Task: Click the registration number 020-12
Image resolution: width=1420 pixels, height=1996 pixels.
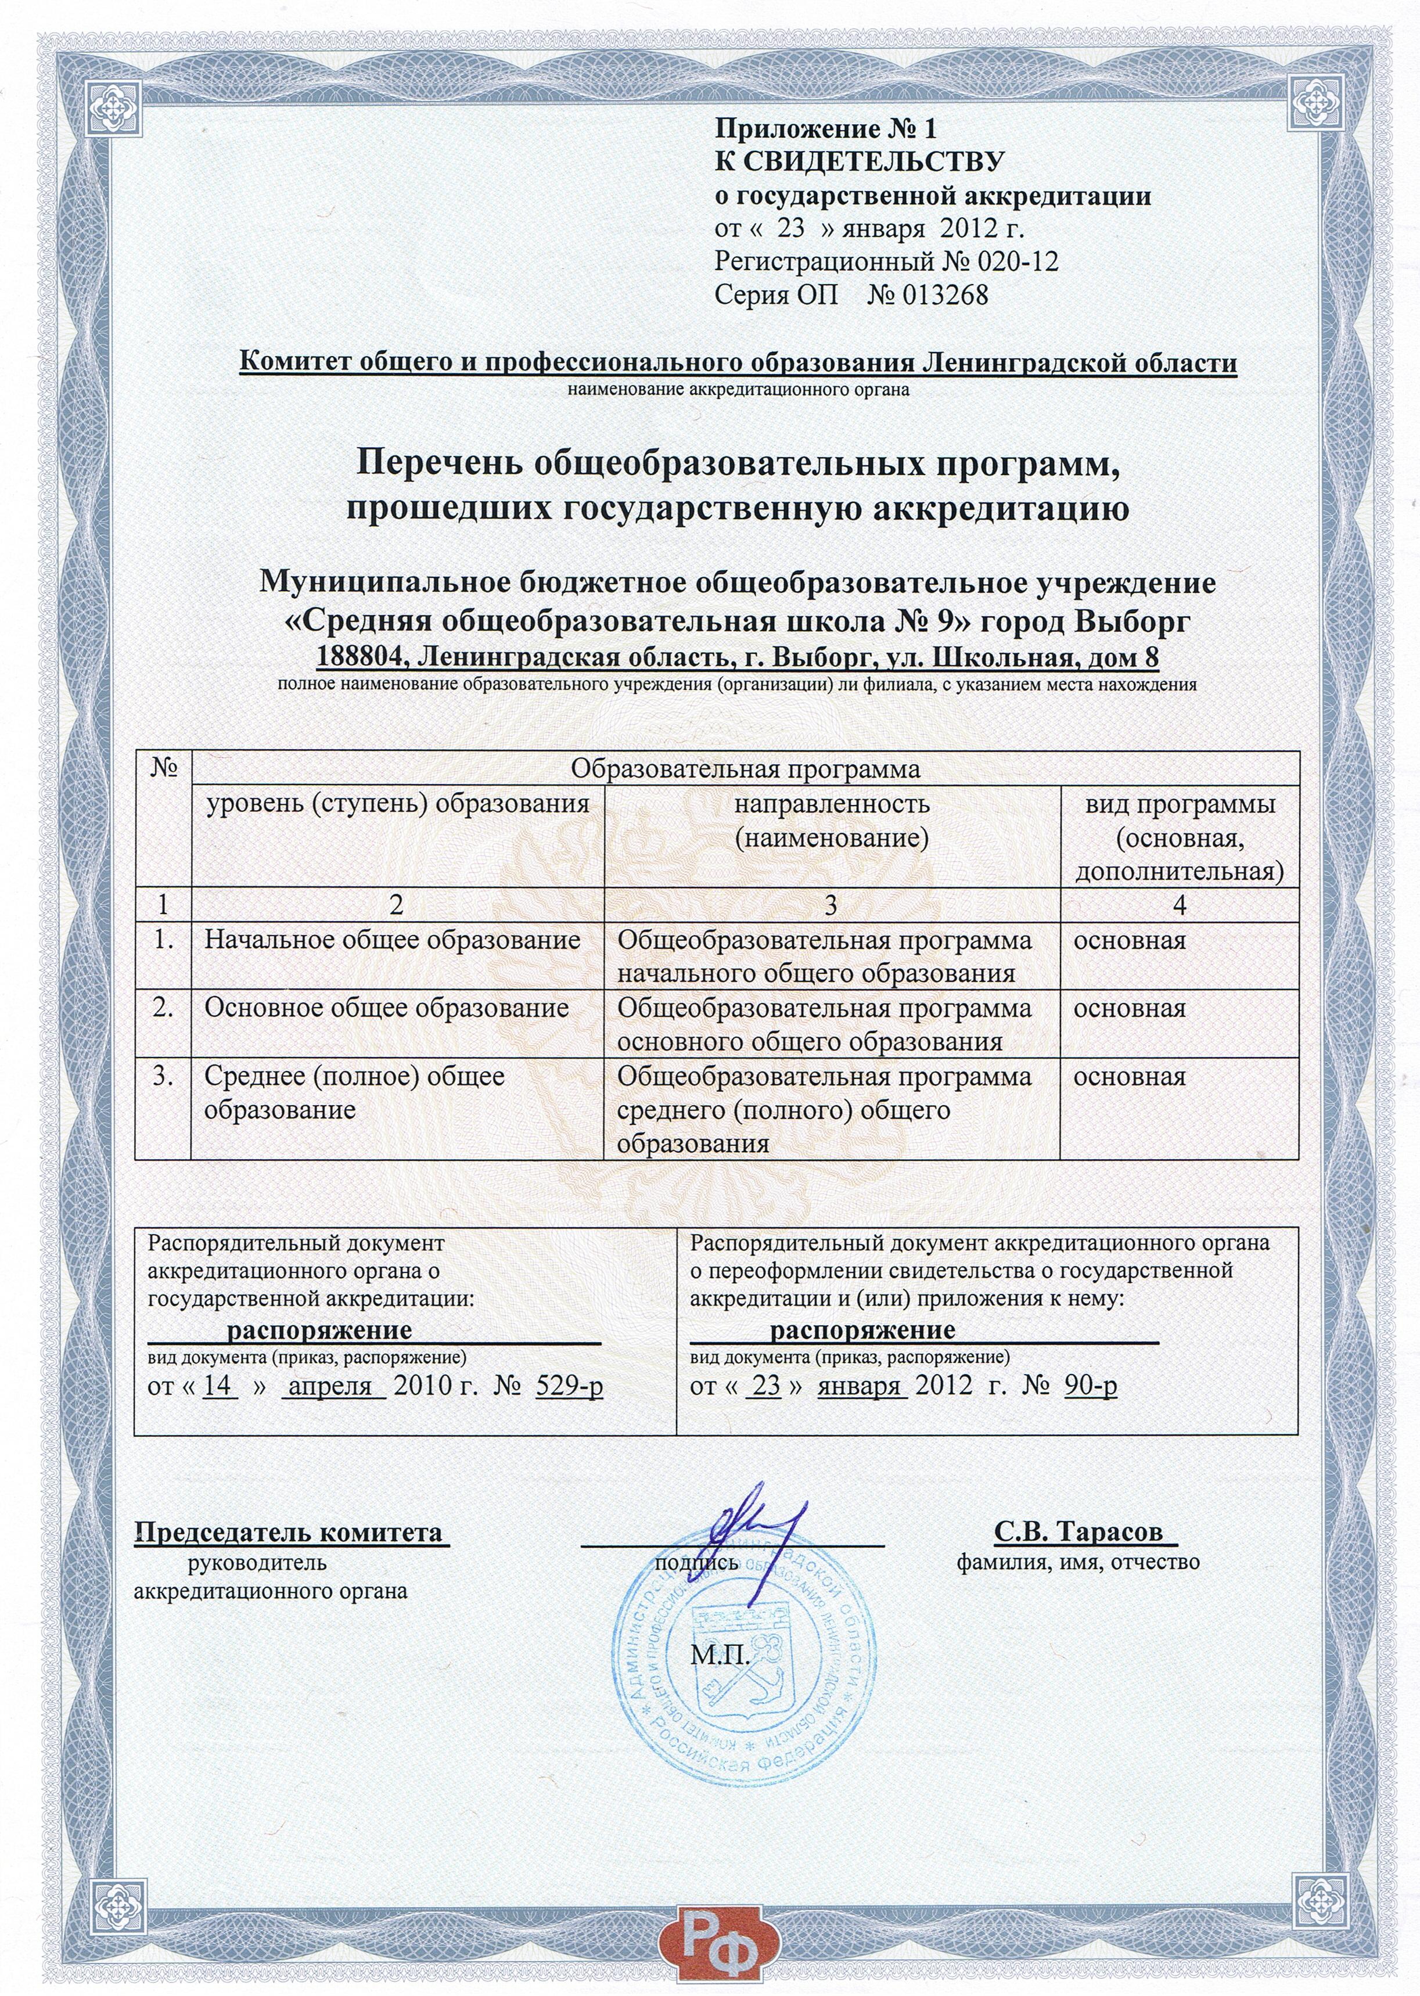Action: [x=1019, y=261]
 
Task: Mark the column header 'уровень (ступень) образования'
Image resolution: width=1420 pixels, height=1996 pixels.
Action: [x=397, y=804]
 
